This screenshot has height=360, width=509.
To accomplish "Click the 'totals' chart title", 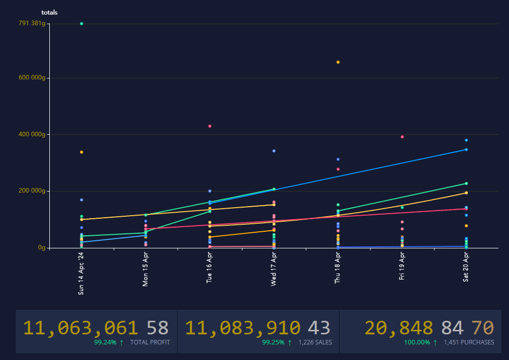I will (49, 13).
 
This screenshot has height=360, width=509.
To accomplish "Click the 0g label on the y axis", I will (42, 248).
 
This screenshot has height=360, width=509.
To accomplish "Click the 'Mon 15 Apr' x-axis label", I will (145, 269).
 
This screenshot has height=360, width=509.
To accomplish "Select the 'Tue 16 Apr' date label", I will (210, 268).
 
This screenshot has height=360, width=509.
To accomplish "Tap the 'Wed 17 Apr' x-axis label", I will (274, 268).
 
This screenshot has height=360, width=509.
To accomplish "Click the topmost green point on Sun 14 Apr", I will (81, 24).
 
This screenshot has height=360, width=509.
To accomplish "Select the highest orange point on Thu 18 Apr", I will (338, 62).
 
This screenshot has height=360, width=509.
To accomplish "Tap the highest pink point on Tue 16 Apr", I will (210, 126).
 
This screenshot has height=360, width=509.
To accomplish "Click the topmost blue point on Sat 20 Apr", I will (466, 140).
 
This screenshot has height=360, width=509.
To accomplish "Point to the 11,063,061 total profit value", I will (81, 328).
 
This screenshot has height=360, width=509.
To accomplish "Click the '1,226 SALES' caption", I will (314, 342).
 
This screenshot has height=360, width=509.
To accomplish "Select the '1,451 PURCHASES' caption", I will (469, 342).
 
